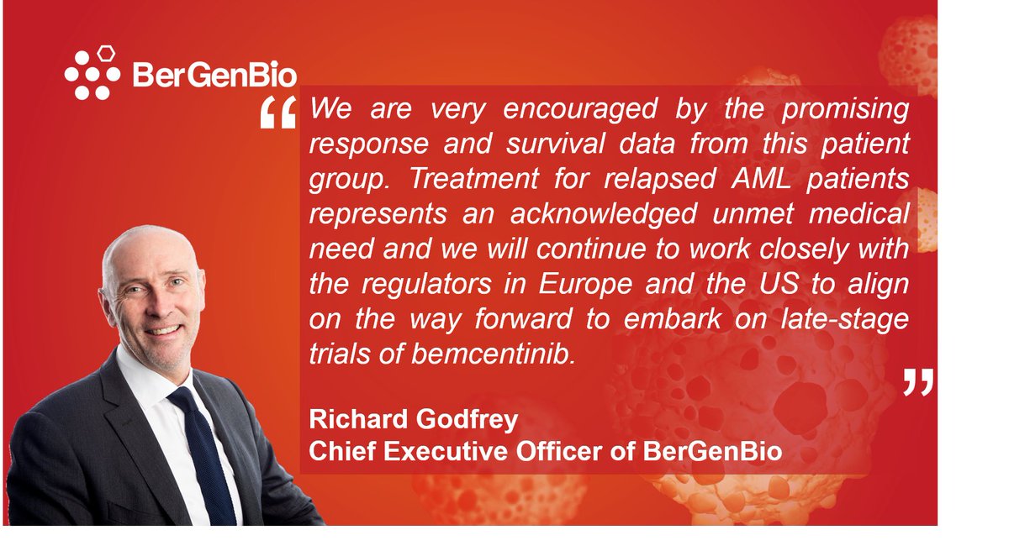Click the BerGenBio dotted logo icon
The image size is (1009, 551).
(x=92, y=73)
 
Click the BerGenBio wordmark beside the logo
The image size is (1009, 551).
(x=214, y=76)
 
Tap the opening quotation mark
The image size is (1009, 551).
(x=277, y=113)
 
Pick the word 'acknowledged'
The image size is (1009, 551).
(x=602, y=213)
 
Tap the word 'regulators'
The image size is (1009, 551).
(x=434, y=283)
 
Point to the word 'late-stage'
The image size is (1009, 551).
(x=836, y=318)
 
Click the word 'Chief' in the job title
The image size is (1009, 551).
(x=337, y=451)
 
